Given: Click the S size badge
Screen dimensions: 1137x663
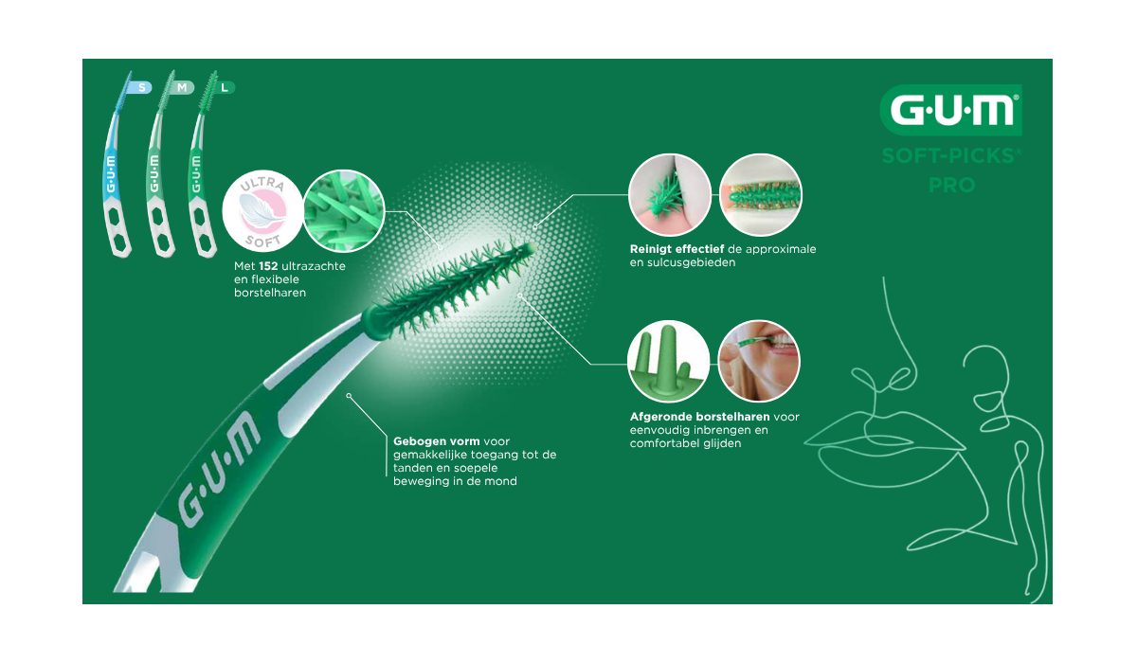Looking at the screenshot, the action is pyautogui.click(x=139, y=87).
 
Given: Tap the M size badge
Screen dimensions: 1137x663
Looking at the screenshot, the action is pyautogui.click(x=181, y=87).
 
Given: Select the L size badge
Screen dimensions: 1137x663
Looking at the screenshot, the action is pyautogui.click(x=224, y=87).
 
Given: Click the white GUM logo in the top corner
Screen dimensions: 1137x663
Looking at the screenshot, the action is pyautogui.click(x=951, y=110).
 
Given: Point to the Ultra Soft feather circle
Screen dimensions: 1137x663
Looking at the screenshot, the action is pyautogui.click(x=263, y=211).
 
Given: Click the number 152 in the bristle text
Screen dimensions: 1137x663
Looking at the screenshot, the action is pyautogui.click(x=268, y=266).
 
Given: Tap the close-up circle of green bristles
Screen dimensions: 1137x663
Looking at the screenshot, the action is pyautogui.click(x=344, y=211).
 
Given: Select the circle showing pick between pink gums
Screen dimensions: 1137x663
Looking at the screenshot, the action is pyautogui.click(x=670, y=195).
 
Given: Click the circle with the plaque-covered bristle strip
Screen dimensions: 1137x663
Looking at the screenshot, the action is pyautogui.click(x=761, y=195).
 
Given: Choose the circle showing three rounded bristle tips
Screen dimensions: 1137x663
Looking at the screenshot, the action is pyautogui.click(x=669, y=361).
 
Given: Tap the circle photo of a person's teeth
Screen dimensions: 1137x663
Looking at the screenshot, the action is pyautogui.click(x=759, y=361).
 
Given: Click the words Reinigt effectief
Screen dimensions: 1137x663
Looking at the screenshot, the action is pyautogui.click(x=677, y=249).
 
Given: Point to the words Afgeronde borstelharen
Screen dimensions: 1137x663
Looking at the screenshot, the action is pyautogui.click(x=700, y=417).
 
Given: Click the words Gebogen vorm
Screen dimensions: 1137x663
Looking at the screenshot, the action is pyautogui.click(x=437, y=441).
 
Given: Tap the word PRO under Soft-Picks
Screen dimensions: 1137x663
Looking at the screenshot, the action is pyautogui.click(x=951, y=185).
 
